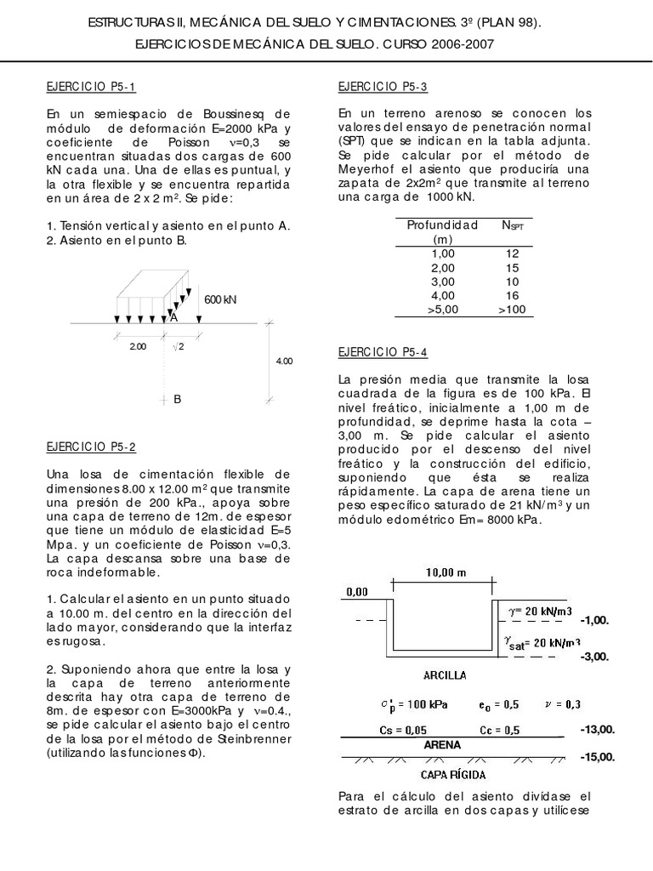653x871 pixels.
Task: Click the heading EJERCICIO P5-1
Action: click(90, 87)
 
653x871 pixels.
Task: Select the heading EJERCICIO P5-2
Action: click(90, 447)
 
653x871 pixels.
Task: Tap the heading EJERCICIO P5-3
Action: click(383, 87)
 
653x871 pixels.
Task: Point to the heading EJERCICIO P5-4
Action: click(383, 351)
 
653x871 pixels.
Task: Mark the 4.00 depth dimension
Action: click(284, 361)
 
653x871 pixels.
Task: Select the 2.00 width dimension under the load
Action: click(138, 346)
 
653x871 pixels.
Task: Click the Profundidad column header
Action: click(443, 225)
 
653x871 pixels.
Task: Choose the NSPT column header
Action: click(513, 226)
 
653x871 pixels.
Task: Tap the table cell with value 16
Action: click(512, 295)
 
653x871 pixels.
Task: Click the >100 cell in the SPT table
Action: click(512, 309)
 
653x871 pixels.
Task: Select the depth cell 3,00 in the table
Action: click(443, 282)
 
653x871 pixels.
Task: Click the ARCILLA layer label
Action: click(443, 675)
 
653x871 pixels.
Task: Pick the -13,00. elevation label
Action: click(597, 730)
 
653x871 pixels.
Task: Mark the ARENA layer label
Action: click(441, 744)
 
